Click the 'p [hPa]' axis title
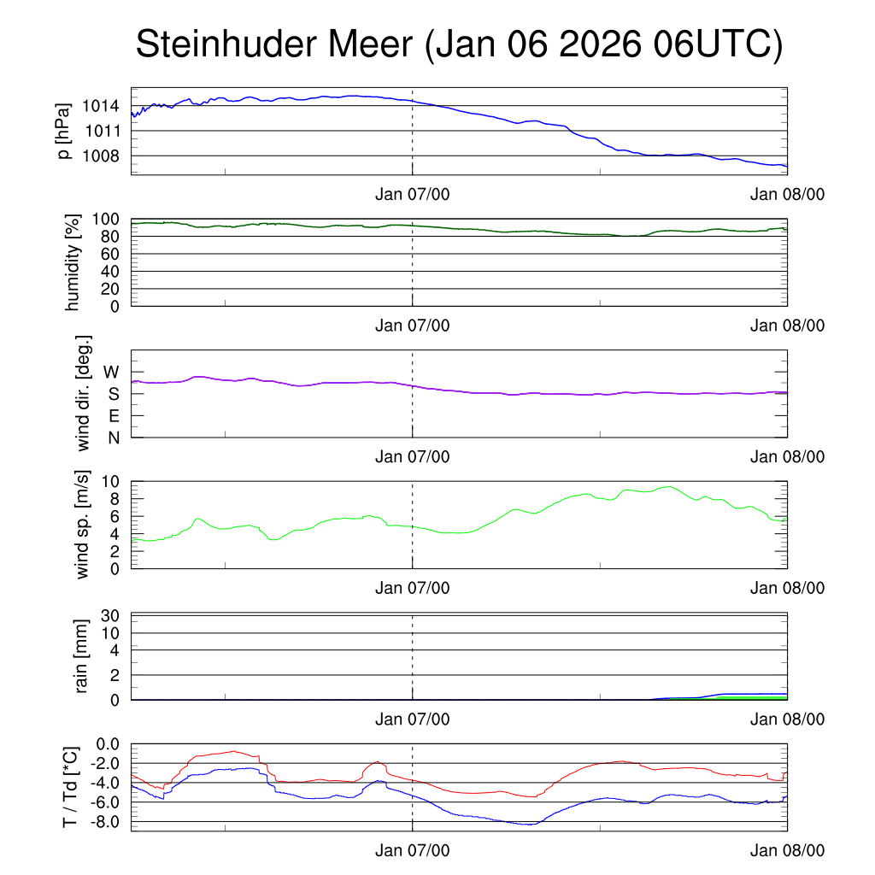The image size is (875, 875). point(62,131)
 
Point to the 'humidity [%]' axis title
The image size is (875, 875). point(73,262)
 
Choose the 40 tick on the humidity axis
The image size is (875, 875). point(109,271)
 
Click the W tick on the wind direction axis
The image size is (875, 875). point(111,372)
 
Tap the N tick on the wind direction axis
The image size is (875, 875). point(113,437)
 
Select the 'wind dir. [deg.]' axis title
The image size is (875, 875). point(84,392)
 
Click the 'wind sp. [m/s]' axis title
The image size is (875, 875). point(83,524)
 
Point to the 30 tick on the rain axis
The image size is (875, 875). point(109,615)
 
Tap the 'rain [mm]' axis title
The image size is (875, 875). point(83,656)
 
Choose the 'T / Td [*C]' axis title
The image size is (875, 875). point(72,787)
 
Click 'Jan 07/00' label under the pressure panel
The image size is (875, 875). point(412,194)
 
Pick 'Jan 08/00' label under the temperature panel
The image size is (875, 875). point(787,851)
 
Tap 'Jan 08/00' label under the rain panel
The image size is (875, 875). point(787,719)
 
